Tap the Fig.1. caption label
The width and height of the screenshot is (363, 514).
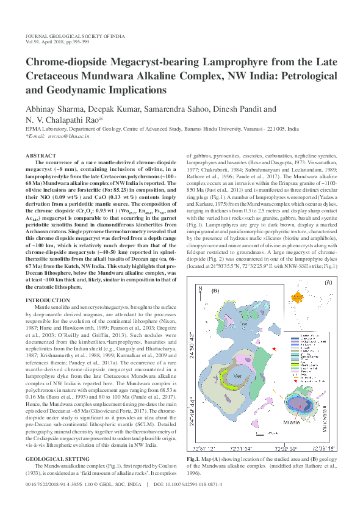point(194,458)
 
